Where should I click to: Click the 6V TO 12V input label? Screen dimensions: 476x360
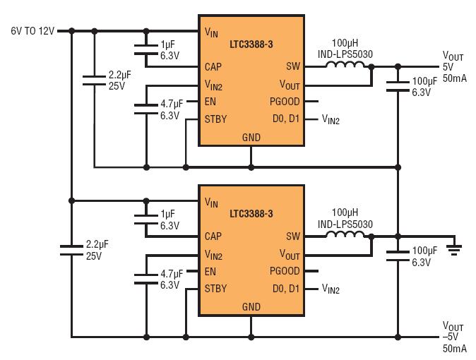pos(32,31)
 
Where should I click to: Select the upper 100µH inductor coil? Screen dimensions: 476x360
pos(345,64)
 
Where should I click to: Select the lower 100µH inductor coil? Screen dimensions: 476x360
pos(345,234)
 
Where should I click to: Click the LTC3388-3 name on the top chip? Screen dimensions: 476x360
pos(251,44)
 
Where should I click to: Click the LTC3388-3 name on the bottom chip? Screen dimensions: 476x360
pos(251,214)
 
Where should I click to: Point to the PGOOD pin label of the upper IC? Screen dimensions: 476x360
pos(285,102)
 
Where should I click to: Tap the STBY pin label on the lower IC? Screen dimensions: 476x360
pos(215,289)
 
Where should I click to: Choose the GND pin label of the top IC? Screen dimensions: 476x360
pos(251,138)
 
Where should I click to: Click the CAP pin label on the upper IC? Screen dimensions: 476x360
pos(213,67)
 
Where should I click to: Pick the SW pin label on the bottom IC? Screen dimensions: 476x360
pos(292,236)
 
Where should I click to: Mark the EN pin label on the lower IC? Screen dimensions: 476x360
pos(210,271)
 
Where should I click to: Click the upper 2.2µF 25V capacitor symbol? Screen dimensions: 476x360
pos(94,80)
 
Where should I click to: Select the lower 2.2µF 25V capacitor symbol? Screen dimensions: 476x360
pos(71,250)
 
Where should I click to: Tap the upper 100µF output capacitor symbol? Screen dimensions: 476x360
pos(398,86)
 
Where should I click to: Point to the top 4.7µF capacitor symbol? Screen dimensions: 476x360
pos(146,109)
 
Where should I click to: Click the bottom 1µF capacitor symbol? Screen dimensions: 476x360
pos(146,220)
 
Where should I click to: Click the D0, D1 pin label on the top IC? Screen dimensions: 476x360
pos(286,119)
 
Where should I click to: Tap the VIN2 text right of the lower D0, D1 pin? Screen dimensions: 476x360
pos(331,289)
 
